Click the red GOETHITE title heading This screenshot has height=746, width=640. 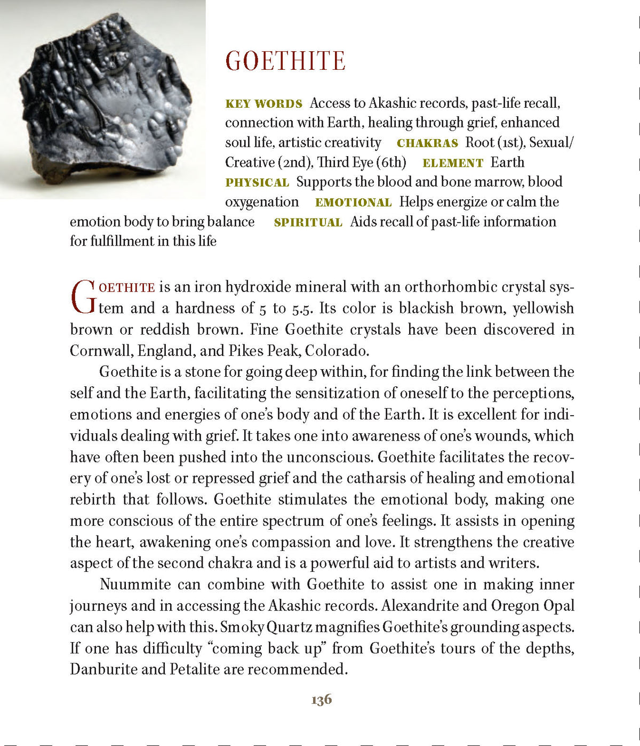pyautogui.click(x=285, y=61)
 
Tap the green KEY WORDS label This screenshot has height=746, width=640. pyautogui.click(x=263, y=104)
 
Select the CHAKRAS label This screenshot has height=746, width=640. pyautogui.click(x=427, y=143)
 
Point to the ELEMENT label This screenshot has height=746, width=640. pyautogui.click(x=452, y=163)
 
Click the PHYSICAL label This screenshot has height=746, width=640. pyautogui.click(x=257, y=183)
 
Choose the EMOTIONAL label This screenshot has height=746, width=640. pyautogui.click(x=353, y=202)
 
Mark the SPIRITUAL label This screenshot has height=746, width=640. pyautogui.click(x=308, y=223)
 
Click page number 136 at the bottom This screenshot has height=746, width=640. pyautogui.click(x=321, y=700)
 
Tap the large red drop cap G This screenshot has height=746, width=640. pyautogui.click(x=83, y=297)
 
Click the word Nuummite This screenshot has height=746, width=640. pyautogui.click(x=135, y=585)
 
